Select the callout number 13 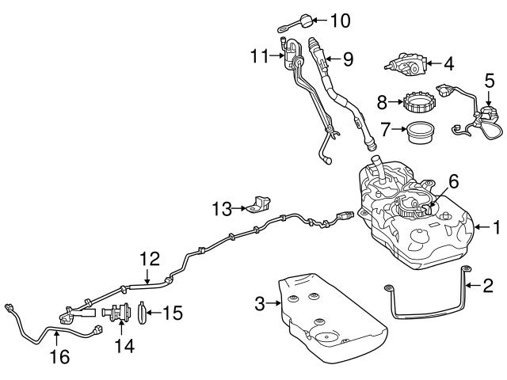pos(220,209)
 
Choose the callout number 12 pos(149,257)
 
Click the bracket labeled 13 pos(257,203)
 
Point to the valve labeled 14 pos(117,313)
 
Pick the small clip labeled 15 pos(142,312)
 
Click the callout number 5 pos(490,80)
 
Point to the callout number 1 pos(496,229)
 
